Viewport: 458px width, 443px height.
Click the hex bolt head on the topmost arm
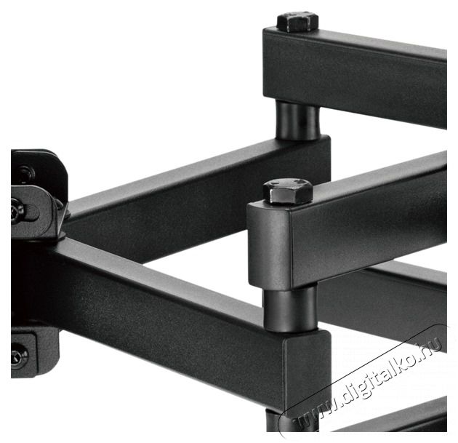point(297,22)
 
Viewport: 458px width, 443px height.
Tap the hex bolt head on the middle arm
point(288,191)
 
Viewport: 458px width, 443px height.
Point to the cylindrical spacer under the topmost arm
point(298,120)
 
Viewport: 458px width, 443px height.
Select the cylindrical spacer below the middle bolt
point(291,309)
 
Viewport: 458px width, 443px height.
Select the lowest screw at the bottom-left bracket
point(20,355)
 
